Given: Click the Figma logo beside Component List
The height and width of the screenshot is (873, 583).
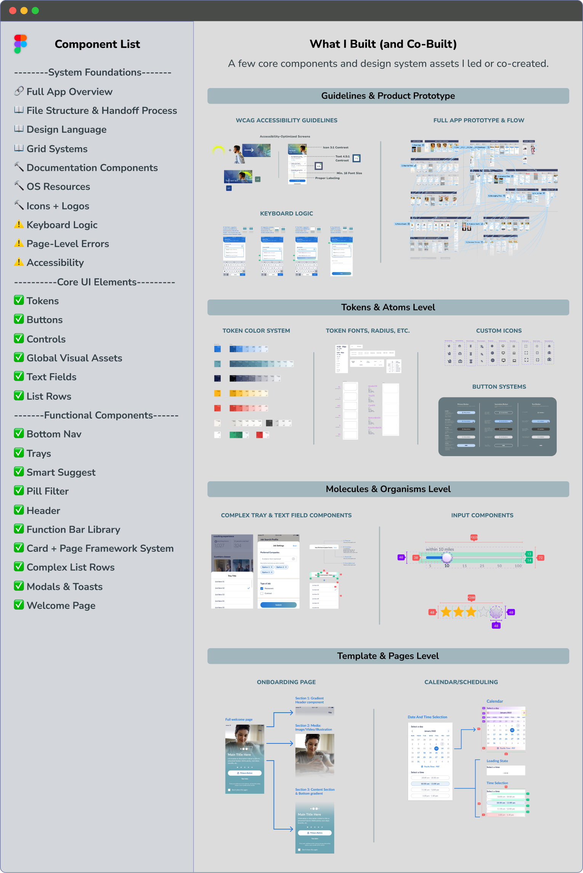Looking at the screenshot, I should click(21, 44).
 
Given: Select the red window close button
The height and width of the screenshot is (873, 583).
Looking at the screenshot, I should click(13, 11).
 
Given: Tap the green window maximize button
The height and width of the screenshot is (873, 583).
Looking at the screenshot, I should click(35, 11).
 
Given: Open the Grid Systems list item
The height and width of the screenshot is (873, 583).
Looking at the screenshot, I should click(57, 149).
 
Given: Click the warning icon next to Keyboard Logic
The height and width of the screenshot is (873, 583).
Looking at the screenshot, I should click(19, 224).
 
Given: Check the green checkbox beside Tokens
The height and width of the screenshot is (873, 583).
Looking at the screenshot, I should click(19, 300).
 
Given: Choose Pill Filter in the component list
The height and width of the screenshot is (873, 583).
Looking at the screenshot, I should click(48, 491).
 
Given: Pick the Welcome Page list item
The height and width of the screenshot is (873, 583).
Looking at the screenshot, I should click(61, 605).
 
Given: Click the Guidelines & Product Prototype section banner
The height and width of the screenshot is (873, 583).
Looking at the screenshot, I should click(388, 96).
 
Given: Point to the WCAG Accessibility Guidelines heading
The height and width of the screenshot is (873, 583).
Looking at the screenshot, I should click(287, 120).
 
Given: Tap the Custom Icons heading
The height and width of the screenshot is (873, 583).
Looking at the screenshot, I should click(499, 331).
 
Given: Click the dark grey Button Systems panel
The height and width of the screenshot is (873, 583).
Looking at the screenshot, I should click(497, 427).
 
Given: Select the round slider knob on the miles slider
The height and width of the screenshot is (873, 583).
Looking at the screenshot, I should click(447, 558).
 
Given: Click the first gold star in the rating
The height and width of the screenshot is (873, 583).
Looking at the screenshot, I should click(446, 612).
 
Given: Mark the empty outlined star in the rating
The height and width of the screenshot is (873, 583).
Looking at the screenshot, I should click(483, 612).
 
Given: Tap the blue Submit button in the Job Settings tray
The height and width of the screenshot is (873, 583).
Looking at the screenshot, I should click(278, 605).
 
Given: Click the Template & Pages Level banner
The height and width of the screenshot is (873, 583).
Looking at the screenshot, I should click(388, 656).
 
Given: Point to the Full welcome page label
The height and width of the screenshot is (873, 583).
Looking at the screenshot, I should click(239, 719).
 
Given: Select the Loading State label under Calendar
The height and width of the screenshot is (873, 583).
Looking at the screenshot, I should click(497, 761).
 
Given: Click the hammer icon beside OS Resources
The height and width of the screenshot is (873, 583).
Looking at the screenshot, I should click(19, 186).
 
